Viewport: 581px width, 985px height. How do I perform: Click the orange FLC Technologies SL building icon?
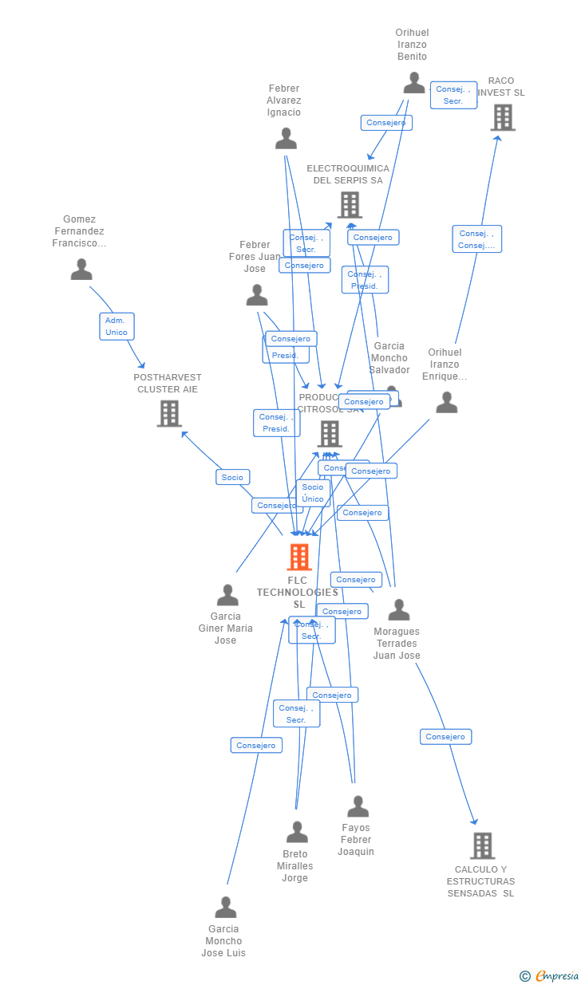point(299,557)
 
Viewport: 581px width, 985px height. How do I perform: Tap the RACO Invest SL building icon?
point(502,117)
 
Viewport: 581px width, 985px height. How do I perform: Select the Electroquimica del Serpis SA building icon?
point(349,204)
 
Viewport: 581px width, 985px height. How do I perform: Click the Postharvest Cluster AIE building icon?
point(168,413)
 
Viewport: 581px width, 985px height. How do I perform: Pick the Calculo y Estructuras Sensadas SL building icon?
point(482,845)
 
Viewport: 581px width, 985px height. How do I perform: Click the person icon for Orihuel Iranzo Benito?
point(413,83)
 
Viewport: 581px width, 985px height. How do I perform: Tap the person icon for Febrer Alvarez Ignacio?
point(286,139)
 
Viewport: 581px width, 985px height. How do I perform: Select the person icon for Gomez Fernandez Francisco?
point(81,270)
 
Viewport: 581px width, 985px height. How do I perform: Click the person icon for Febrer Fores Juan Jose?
point(257,295)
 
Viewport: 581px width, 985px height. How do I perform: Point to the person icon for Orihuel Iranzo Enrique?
point(447,402)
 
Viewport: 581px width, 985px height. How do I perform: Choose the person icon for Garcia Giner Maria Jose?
point(227,595)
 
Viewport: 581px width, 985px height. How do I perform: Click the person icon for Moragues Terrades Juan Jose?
point(398,610)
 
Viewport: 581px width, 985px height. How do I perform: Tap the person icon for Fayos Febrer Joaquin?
point(358,806)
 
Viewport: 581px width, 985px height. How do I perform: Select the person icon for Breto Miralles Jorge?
point(297,832)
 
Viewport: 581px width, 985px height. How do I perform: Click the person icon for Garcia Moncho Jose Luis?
point(226,908)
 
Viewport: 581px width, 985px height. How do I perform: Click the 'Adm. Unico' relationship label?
point(117,326)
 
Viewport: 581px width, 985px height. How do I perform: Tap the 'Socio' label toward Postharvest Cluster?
point(232,477)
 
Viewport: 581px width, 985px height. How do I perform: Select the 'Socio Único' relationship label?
point(313,493)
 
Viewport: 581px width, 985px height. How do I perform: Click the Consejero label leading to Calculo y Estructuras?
point(445,737)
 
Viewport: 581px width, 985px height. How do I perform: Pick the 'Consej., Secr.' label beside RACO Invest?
point(453,95)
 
